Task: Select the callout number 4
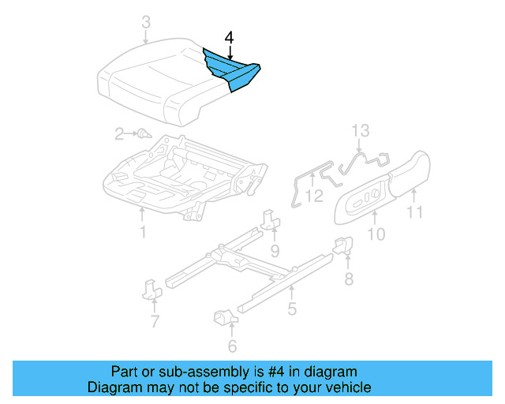click(229, 37)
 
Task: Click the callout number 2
click(119, 134)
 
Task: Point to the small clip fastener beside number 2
click(144, 134)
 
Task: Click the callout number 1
click(143, 232)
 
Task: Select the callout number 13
click(360, 130)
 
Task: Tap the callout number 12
click(314, 195)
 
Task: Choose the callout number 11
click(414, 211)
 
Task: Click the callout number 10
click(376, 234)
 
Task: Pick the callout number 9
click(275, 251)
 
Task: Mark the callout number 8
click(348, 279)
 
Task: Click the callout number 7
click(155, 320)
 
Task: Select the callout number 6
click(232, 346)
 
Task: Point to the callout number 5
click(292, 309)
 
